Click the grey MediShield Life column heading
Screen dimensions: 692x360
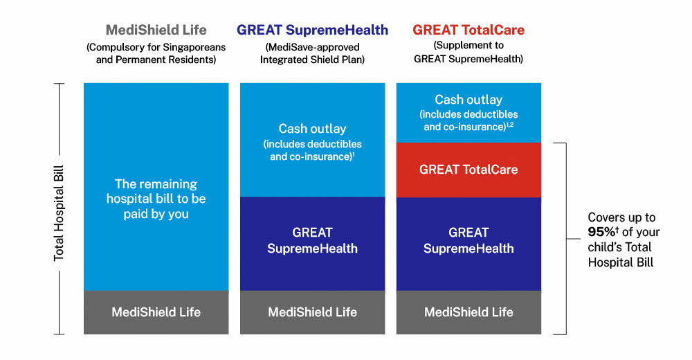click(x=156, y=30)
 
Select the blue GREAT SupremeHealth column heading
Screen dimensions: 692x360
click(x=313, y=30)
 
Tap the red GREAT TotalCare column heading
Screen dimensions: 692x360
click(x=468, y=30)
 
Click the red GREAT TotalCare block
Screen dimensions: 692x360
click(x=468, y=170)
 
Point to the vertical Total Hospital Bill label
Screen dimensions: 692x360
click(x=59, y=213)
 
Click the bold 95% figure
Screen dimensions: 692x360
click(x=602, y=232)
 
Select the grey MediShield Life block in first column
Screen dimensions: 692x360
click(x=156, y=312)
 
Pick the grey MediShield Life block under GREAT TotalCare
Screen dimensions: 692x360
click(x=468, y=312)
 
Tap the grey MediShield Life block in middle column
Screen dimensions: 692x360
click(x=313, y=312)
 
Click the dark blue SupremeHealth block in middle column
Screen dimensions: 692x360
click(x=313, y=244)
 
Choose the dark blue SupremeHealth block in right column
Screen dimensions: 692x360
click(x=468, y=244)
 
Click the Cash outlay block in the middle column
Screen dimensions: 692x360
click(x=313, y=140)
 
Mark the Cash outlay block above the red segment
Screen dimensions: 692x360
click(x=468, y=113)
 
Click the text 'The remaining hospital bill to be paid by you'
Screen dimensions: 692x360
click(x=156, y=199)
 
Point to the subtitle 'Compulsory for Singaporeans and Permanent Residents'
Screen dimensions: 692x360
click(x=156, y=53)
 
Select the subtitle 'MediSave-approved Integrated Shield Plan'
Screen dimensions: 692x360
click(x=313, y=53)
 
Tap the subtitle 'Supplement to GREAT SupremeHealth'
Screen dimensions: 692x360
click(x=468, y=52)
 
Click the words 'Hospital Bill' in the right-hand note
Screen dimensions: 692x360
click(x=621, y=262)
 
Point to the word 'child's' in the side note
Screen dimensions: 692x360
click(x=603, y=247)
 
